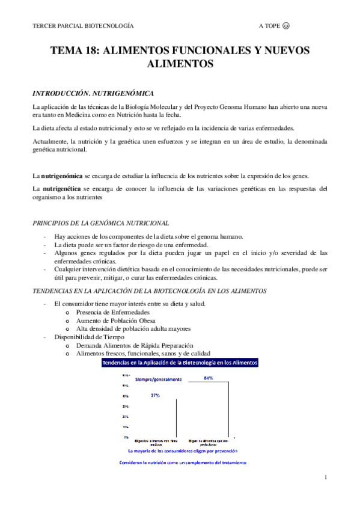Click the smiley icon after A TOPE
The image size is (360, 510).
(x=286, y=26)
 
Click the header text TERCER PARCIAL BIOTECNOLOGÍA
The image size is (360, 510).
(x=83, y=26)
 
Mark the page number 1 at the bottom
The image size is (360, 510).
(x=325, y=478)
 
